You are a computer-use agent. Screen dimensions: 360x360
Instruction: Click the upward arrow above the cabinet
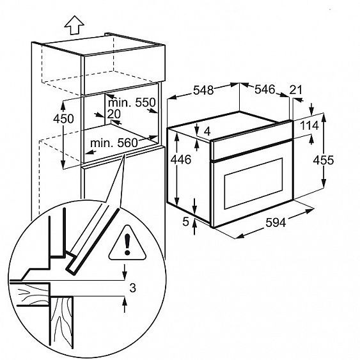coord(74,25)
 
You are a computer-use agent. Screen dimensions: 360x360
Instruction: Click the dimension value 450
coord(63,119)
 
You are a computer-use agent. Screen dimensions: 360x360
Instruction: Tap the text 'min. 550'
coord(132,102)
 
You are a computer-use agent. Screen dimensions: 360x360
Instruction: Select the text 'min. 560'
coord(114,143)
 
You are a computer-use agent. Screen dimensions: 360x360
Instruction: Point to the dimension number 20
coord(114,114)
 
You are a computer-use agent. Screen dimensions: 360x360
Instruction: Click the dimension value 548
coord(203,90)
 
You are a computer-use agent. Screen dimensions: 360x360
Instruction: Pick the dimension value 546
coord(265,89)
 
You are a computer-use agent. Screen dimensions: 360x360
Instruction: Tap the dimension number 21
coord(295,90)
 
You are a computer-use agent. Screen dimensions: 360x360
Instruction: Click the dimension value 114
coord(309,125)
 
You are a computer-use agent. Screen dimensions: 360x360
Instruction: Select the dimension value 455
coord(324,160)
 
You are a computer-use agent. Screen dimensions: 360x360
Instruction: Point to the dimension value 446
coord(181,160)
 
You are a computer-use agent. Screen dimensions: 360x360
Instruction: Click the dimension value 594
coord(276,223)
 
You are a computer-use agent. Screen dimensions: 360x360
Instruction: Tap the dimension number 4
coord(207,132)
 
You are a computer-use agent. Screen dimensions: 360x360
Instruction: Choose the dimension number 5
coord(185,222)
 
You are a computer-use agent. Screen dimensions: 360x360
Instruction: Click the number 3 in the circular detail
coord(133,288)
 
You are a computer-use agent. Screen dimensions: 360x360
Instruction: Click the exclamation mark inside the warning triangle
coord(127,244)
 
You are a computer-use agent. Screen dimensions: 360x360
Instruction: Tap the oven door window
coord(253,184)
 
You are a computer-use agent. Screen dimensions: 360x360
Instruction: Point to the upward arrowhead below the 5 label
coord(194,223)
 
